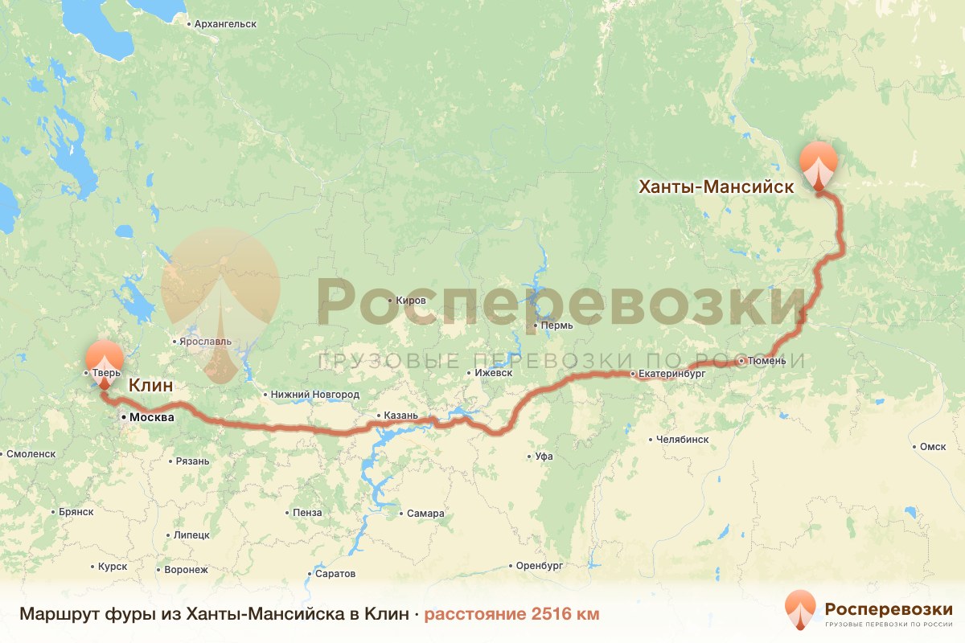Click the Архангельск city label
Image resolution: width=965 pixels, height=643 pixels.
click(225, 23)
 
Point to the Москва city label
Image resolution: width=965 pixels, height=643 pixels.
click(151, 417)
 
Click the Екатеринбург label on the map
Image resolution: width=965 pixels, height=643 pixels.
click(669, 374)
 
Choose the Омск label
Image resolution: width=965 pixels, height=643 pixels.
click(933, 447)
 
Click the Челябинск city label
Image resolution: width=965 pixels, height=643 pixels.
click(682, 440)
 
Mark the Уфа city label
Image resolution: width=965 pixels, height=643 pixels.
click(544, 456)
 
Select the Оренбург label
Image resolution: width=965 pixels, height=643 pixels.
click(539, 566)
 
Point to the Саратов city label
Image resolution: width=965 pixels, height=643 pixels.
click(335, 574)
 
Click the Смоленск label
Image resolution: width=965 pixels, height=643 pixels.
click(30, 453)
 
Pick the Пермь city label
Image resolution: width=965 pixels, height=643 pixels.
click(556, 326)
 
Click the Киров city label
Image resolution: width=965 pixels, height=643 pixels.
click(411, 300)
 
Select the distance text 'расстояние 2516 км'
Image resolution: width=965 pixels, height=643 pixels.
click(511, 614)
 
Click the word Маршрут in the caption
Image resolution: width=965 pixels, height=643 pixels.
click(54, 614)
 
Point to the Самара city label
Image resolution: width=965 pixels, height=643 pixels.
click(425, 514)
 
